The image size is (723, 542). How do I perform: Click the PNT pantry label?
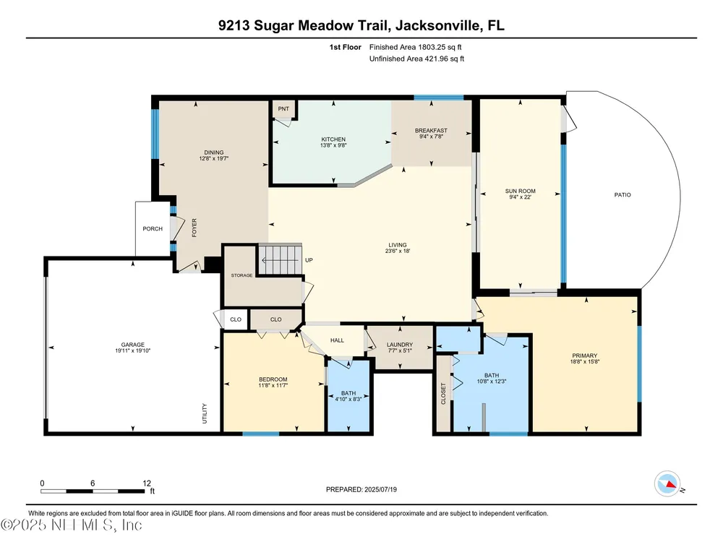(283, 109)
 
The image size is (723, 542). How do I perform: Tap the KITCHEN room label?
(333, 139)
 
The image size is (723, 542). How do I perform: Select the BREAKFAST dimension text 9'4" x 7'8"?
(431, 137)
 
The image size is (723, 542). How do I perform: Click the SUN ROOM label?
(520, 191)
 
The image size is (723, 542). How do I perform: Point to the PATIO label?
(623, 195)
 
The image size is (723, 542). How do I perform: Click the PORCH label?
(153, 228)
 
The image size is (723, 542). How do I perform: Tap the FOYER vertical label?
(194, 228)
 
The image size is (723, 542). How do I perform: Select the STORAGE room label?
(241, 275)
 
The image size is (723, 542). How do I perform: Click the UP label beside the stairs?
(309, 260)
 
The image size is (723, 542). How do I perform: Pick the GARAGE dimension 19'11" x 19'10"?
(133, 350)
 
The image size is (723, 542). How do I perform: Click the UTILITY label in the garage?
(205, 413)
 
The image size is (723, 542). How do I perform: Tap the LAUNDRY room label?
(400, 344)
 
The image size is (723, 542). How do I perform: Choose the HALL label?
(337, 340)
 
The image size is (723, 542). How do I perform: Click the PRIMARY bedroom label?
(585, 356)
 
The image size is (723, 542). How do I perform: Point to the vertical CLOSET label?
(444, 394)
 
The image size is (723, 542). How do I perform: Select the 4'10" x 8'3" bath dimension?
(348, 399)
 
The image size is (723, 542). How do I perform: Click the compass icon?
(667, 484)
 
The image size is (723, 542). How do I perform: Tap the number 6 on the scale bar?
(93, 483)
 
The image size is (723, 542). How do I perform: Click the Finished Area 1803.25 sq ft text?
(416, 47)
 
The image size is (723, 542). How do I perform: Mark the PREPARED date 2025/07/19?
(380, 489)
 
